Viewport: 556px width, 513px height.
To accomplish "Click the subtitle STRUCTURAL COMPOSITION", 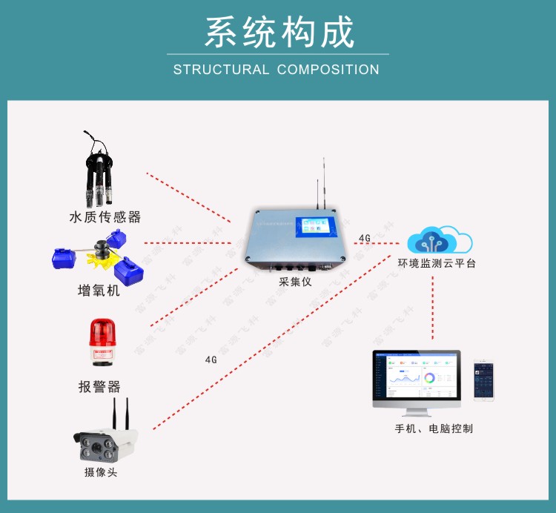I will (277, 70).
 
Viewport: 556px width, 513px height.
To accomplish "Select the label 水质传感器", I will (105, 217).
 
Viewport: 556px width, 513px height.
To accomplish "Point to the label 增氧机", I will (99, 290).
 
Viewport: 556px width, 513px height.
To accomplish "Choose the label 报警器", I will (99, 386).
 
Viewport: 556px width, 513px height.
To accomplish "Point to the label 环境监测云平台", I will (437, 263).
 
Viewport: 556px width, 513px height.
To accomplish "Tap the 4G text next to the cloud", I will (364, 238).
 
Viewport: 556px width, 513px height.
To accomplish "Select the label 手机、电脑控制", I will (434, 428).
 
